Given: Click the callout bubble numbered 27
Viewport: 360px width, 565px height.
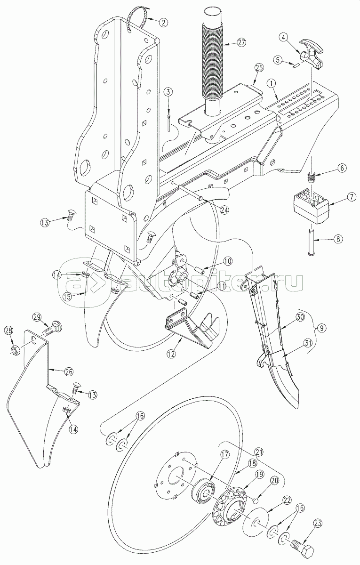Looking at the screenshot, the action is click(241, 43).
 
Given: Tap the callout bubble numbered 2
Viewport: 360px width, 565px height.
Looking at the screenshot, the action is click(164, 23).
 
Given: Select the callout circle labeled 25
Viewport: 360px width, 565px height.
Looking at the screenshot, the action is click(259, 68).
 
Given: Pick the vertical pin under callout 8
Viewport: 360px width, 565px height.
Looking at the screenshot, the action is click(312, 242).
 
